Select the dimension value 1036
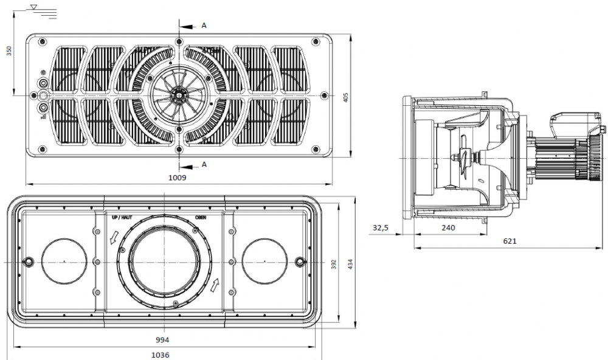point(160,355)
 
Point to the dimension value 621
point(510,241)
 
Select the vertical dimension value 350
point(9,50)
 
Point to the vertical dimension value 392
point(334,263)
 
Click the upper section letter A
point(204,26)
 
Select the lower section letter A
point(204,164)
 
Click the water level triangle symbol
point(35,7)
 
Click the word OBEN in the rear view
point(201,217)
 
